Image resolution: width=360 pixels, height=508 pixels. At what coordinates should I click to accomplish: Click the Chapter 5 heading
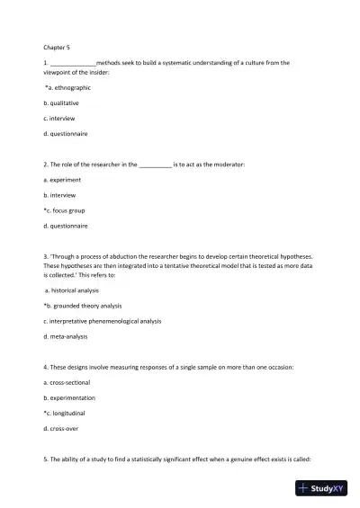pyautogui.click(x=57, y=46)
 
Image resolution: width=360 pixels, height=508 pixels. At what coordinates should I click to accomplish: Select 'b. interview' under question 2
pyautogui.click(x=63, y=194)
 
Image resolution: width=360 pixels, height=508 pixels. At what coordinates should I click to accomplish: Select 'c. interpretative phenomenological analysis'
pyautogui.click(x=103, y=321)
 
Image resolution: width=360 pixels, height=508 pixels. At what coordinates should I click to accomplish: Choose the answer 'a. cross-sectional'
pyautogui.click(x=70, y=382)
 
